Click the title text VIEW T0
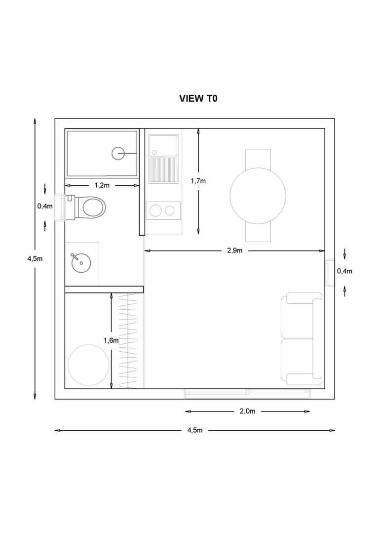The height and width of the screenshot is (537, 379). [198, 99]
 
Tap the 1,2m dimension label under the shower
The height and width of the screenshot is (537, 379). [102, 185]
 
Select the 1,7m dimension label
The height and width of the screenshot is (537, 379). [198, 181]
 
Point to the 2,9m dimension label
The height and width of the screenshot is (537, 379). [234, 250]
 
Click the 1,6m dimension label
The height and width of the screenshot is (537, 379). [111, 340]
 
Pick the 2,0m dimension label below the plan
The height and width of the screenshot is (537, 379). [247, 411]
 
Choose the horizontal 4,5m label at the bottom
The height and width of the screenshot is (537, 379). [195, 430]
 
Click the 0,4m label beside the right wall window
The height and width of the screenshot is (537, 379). [344, 271]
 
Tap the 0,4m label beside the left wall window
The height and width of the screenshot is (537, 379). [45, 206]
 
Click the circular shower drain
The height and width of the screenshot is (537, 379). [118, 154]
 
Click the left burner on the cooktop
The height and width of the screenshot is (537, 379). [155, 211]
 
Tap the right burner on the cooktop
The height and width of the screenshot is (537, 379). [170, 211]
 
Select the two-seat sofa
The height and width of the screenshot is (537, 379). [301, 338]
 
